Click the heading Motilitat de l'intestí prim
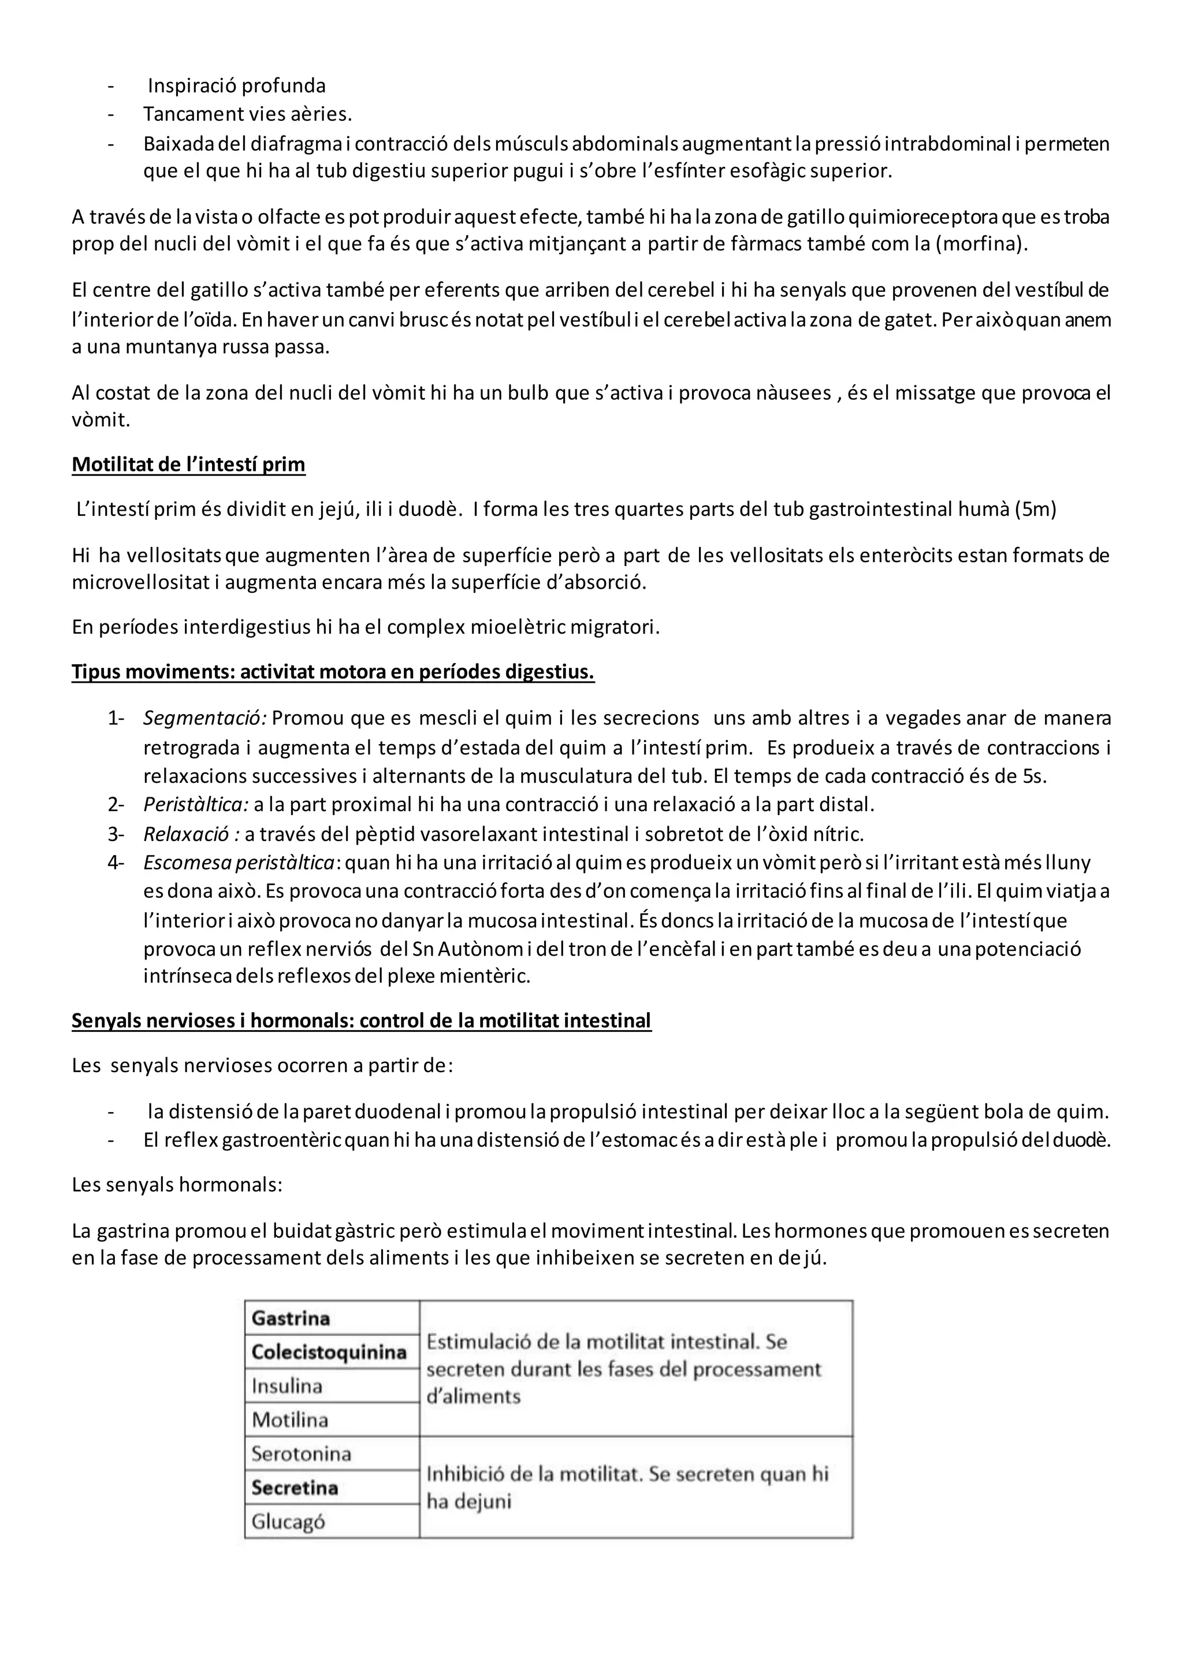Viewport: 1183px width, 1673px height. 188,465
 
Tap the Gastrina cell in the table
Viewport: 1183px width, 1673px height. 291,1318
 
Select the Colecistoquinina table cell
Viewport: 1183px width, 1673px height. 329,1352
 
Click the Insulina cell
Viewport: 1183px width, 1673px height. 287,1386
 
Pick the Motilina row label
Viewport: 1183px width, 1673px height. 290,1420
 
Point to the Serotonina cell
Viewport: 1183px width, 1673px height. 302,1455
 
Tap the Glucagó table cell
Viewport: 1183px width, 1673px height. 288,1522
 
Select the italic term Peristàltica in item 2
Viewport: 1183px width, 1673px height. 195,805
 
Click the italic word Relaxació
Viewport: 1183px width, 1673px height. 191,834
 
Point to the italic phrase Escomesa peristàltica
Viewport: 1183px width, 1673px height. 240,862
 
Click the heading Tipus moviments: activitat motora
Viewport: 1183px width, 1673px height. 333,672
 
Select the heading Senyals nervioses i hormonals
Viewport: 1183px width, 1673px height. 360,1021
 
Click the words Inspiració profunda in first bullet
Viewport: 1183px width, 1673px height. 237,86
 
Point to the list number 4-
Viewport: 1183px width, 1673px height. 117,862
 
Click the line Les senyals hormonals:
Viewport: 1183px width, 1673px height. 177,1185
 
